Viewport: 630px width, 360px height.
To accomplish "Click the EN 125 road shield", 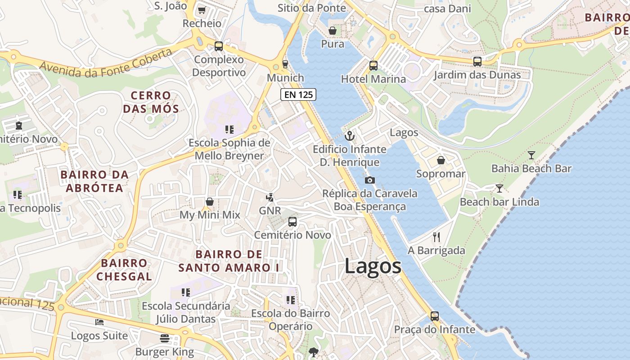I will point(298,94).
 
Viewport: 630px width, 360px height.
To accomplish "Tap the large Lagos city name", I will point(373,266).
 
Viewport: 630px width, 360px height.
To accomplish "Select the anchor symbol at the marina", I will point(349,135).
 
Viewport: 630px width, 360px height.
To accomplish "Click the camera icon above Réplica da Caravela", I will point(370,180).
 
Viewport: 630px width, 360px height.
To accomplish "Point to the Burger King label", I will point(165,351).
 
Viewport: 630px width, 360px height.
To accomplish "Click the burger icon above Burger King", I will point(165,338).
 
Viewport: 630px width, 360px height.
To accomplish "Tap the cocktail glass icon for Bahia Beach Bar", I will point(531,155).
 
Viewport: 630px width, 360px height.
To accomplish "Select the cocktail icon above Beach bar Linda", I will point(499,188).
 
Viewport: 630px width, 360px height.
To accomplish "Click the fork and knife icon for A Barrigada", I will point(436,237).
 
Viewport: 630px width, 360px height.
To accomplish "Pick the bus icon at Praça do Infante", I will point(434,316).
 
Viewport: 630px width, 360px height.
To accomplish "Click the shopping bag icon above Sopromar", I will point(441,160).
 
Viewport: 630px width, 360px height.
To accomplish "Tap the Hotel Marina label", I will point(373,79).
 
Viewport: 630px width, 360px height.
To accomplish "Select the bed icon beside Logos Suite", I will point(99,322).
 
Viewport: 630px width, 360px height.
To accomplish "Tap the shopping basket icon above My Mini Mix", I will point(210,202).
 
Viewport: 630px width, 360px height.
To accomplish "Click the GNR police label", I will point(270,211).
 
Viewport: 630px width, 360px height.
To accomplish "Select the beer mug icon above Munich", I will point(285,64).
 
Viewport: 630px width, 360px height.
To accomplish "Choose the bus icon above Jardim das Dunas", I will point(477,62).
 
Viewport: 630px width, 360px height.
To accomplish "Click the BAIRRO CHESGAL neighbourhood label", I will point(124,270).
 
